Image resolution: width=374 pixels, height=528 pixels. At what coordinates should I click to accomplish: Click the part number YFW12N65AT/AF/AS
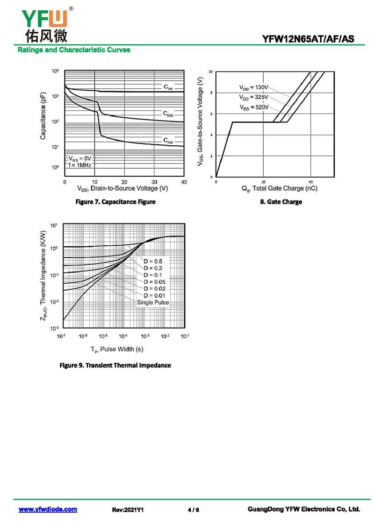[311, 39]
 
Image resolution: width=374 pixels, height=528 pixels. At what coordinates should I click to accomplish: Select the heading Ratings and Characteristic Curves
[74, 50]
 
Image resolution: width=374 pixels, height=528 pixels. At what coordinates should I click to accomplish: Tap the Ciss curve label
[168, 87]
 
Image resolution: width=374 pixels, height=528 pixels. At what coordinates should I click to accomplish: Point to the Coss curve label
[168, 114]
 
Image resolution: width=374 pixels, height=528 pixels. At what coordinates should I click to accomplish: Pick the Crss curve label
[168, 140]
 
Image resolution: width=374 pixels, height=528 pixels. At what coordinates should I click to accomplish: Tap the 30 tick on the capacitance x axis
[154, 182]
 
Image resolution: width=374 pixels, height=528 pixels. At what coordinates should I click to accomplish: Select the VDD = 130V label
[254, 87]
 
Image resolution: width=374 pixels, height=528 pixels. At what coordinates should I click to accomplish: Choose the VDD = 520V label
[254, 107]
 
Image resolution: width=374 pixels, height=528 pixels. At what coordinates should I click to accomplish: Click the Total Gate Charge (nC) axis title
[279, 189]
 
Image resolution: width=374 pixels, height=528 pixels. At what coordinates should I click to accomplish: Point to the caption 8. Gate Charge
[281, 202]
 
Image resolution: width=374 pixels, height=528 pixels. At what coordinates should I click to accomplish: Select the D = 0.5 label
[153, 261]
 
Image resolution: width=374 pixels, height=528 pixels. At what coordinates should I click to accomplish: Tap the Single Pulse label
[153, 302]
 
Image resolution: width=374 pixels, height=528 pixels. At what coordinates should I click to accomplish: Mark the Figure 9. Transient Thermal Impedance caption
[115, 365]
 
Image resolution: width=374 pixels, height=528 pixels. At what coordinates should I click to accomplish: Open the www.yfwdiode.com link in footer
[48, 509]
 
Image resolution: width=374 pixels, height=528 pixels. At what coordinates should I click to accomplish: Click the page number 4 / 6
[193, 510]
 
